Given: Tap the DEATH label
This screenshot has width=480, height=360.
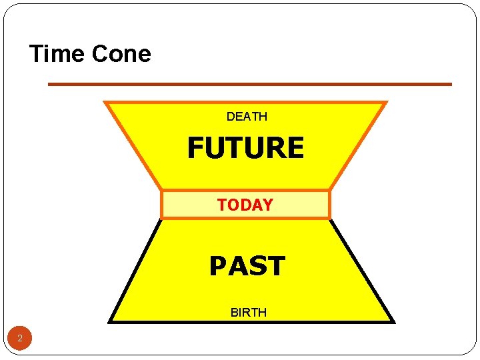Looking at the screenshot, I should tap(247, 117).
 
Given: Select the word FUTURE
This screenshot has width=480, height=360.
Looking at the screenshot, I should tap(245, 148).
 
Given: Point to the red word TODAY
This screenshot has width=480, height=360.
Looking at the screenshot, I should tap(245, 205).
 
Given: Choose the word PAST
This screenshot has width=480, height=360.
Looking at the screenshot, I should tap(247, 266).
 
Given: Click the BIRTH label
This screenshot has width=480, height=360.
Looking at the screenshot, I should tap(248, 312).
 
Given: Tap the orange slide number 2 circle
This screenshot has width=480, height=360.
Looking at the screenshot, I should tap(20, 339).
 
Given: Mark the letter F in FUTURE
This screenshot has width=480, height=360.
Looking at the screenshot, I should tap(196, 148).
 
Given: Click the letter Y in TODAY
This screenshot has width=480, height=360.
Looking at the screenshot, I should tap(267, 205).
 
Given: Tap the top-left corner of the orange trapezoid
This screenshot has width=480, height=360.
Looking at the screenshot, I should tap(105, 103).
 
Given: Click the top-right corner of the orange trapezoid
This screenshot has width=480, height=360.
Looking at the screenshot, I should tap(386, 103).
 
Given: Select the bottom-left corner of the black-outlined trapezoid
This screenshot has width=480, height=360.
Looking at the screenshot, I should tap(110, 321).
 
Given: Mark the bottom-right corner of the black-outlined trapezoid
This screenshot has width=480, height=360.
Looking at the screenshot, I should tap(393, 321).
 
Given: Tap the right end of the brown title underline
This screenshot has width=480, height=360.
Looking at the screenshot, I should tap(451, 84).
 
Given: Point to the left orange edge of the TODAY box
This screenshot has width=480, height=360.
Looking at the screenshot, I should tap(162, 205).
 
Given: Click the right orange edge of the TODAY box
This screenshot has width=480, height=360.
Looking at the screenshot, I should tap(329, 205).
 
